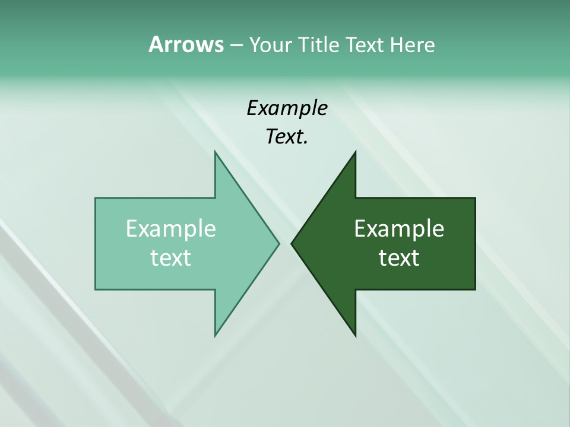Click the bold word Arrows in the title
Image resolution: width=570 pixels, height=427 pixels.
pyautogui.click(x=185, y=44)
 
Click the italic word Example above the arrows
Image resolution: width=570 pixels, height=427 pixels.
pyautogui.click(x=287, y=108)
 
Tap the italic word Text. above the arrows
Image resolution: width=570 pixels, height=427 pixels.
pyautogui.click(x=287, y=136)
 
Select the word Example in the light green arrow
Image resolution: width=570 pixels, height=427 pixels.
pyautogui.click(x=171, y=228)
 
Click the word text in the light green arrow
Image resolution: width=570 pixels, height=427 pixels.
pyautogui.click(x=171, y=257)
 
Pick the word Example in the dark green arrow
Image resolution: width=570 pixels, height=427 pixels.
pyautogui.click(x=399, y=228)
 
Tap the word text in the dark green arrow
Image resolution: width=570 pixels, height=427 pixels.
pyautogui.click(x=399, y=257)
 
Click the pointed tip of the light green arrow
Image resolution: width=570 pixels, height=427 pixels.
pyautogui.click(x=279, y=243)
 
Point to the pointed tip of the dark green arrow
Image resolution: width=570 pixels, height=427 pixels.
pyautogui.click(x=292, y=243)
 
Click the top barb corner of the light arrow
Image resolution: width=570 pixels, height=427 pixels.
pyautogui.click(x=215, y=151)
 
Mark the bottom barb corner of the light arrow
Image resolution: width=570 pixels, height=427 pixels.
pyautogui.click(x=215, y=336)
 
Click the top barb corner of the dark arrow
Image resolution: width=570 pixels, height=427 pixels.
pyautogui.click(x=355, y=151)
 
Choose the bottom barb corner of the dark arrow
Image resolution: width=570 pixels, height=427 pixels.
pyautogui.click(x=355, y=336)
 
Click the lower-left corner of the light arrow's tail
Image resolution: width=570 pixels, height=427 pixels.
pyautogui.click(x=96, y=289)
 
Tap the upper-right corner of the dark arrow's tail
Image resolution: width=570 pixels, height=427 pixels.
pyautogui.click(x=475, y=198)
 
